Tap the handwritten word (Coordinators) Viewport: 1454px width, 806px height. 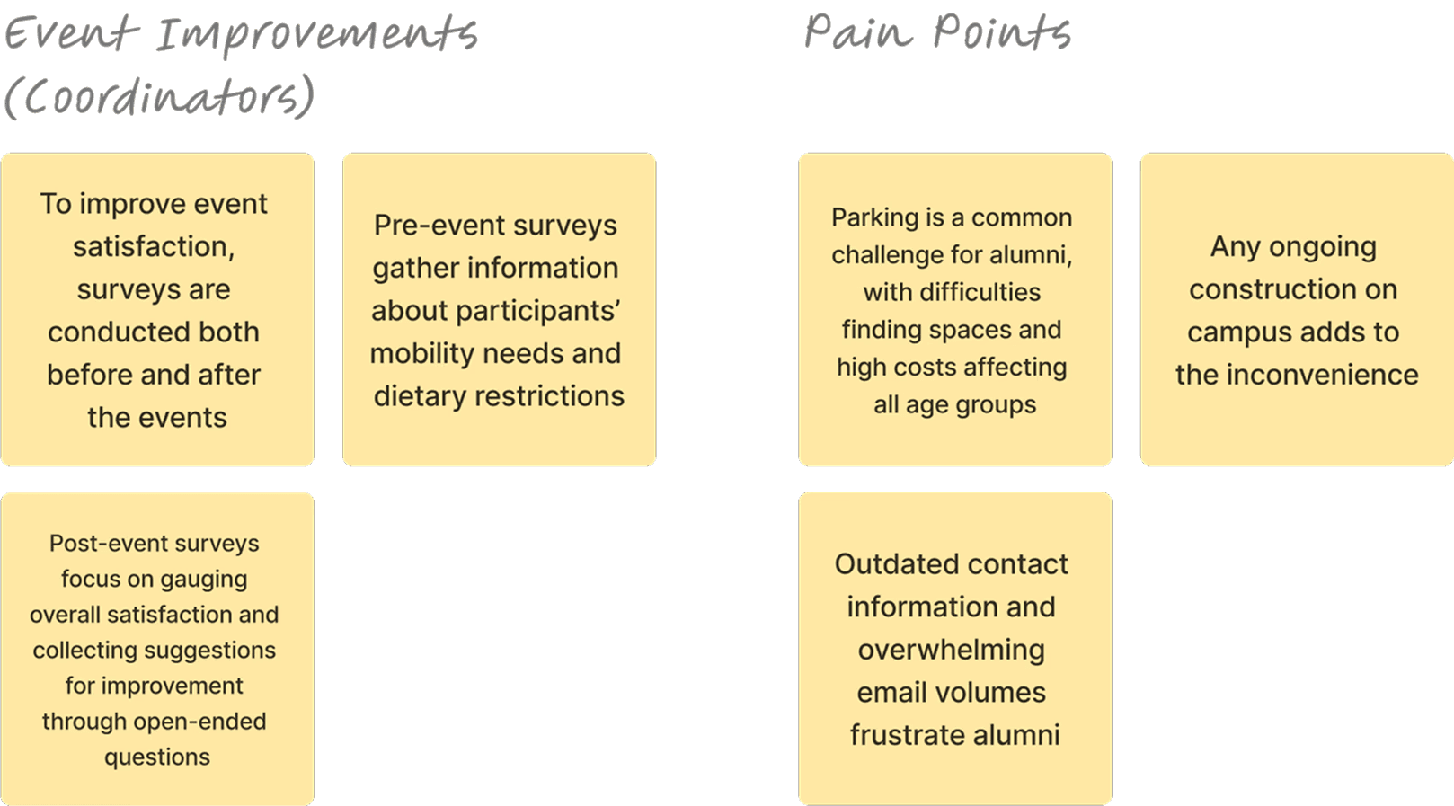(159, 96)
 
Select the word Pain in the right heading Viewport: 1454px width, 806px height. (858, 32)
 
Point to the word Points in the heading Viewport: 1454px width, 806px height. (1002, 32)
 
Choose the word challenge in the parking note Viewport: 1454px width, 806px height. (886, 255)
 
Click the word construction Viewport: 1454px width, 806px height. (1293, 289)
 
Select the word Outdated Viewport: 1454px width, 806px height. (890, 564)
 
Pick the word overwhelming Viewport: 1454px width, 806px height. (951, 650)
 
